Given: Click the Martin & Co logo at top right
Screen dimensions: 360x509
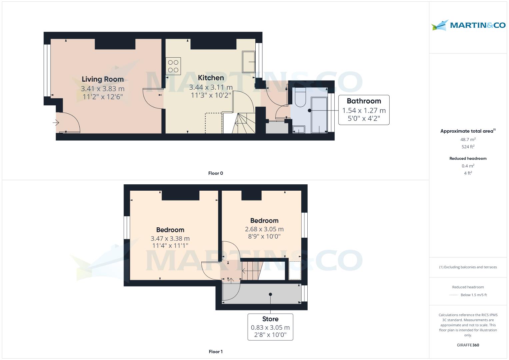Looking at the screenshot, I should click(468, 25).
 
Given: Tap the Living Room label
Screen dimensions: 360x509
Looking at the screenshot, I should click(103, 79).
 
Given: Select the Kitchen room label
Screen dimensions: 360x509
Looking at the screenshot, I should click(211, 78).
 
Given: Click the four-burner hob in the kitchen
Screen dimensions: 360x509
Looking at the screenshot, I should click(173, 66).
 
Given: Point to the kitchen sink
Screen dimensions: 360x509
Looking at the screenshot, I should click(248, 62).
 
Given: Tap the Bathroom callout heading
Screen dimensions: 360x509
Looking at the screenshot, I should click(364, 101).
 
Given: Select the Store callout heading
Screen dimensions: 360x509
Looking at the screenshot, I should click(270, 319).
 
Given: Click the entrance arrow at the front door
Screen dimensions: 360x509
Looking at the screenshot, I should click(56, 123).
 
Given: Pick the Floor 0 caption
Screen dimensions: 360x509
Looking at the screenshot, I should click(215, 173).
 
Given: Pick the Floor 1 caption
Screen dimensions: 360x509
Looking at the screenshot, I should click(215, 352).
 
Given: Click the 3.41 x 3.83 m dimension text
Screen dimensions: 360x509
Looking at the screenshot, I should click(103, 89).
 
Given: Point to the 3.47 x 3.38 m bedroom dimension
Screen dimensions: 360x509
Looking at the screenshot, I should click(170, 239).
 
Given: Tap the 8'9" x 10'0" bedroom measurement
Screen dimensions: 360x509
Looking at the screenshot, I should click(264, 237).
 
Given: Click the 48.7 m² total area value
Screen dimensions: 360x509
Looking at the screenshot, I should click(468, 139).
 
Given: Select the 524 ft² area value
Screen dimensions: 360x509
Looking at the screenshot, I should click(468, 147).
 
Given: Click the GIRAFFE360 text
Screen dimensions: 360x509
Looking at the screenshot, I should click(468, 345).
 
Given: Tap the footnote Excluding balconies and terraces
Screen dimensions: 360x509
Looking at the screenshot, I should click(468, 267).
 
